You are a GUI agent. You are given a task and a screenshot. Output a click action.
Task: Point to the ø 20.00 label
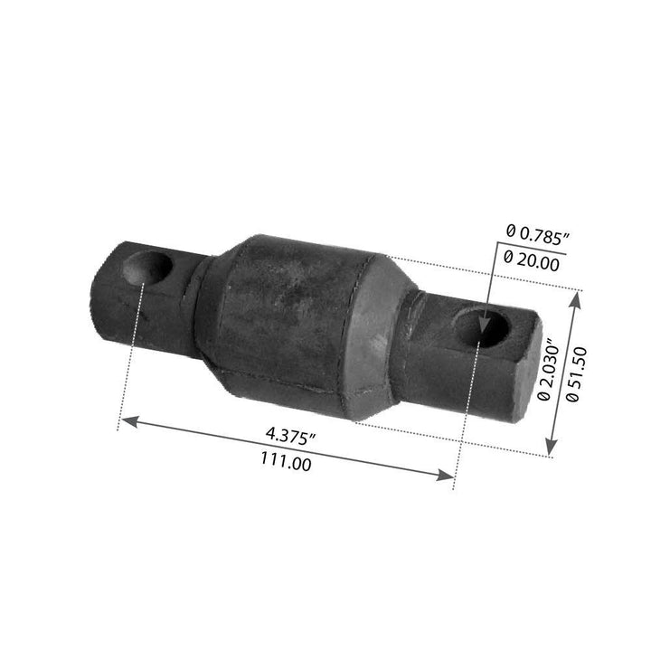click(x=534, y=259)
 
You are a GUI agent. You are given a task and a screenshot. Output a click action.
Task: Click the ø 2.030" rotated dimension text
click(x=543, y=371)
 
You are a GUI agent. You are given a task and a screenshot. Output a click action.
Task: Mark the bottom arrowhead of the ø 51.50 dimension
click(x=551, y=449)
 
